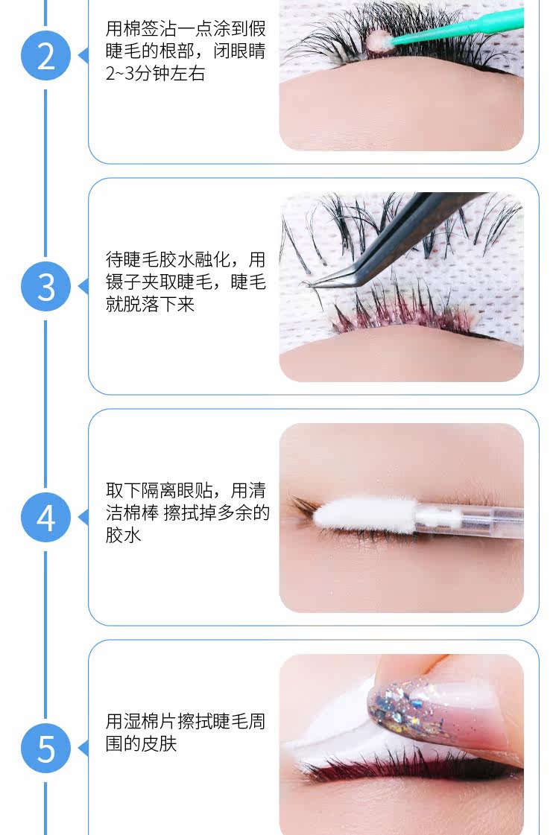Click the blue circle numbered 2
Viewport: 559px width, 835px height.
pyautogui.click(x=45, y=56)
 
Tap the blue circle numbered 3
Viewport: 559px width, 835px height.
pyautogui.click(x=45, y=287)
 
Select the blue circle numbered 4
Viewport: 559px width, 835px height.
pyautogui.click(x=45, y=518)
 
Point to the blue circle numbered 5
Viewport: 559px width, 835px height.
pyautogui.click(x=45, y=748)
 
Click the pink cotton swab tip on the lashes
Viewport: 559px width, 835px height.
pyautogui.click(x=379, y=40)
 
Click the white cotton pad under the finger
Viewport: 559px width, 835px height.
pyautogui.click(x=330, y=735)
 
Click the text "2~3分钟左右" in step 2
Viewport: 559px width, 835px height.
pyautogui.click(x=155, y=74)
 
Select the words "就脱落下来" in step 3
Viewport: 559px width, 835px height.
pyautogui.click(x=150, y=304)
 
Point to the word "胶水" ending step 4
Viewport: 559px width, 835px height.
pyautogui.click(x=123, y=535)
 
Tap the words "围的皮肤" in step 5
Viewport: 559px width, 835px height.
pyautogui.click(x=141, y=743)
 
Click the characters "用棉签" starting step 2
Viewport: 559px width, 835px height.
pyautogui.click(x=132, y=29)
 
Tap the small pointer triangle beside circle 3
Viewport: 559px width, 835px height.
pyautogui.click(x=83, y=287)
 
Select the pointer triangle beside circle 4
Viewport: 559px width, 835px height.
pyautogui.click(x=83, y=518)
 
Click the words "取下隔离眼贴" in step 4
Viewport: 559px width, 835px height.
pyautogui.click(x=159, y=490)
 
